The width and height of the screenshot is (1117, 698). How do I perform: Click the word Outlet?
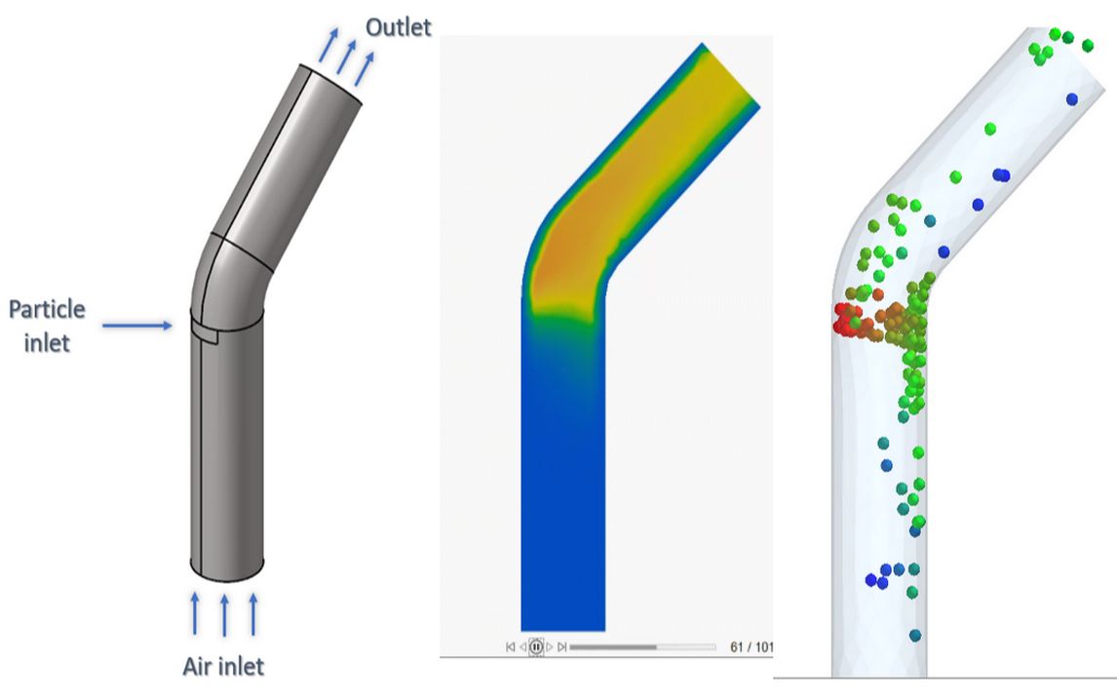(x=398, y=26)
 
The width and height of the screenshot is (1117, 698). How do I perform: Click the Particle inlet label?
(x=47, y=326)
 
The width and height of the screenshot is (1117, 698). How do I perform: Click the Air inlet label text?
(x=223, y=667)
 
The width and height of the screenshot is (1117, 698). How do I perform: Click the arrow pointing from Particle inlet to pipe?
(x=136, y=326)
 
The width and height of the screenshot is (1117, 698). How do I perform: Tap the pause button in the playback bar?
(x=535, y=646)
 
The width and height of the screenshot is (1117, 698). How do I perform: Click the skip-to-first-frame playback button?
(x=511, y=646)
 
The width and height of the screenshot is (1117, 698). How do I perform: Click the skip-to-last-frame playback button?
(x=561, y=646)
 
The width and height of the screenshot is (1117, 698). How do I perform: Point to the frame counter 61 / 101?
(x=751, y=646)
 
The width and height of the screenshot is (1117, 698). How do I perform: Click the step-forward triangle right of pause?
(x=549, y=646)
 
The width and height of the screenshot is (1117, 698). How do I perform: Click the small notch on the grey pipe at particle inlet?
(x=204, y=333)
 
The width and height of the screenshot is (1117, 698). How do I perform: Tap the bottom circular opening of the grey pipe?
(x=226, y=566)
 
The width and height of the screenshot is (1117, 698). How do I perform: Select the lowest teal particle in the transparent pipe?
(x=914, y=635)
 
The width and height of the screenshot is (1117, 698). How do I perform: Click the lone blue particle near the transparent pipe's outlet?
(x=1072, y=98)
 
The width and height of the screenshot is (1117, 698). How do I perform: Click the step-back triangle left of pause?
(x=523, y=646)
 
